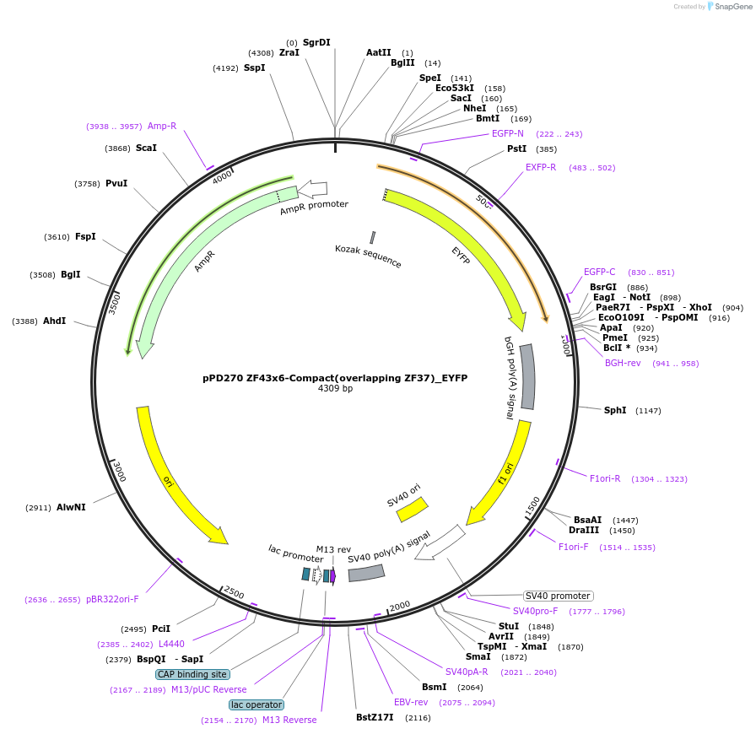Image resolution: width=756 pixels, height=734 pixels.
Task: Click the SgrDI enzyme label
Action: point(316,42)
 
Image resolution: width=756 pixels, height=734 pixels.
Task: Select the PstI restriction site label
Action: point(516,148)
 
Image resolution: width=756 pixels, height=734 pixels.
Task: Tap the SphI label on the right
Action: point(615,410)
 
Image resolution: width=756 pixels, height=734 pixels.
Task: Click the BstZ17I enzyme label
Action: point(375,718)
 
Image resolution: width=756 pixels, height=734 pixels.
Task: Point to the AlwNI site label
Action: point(71,508)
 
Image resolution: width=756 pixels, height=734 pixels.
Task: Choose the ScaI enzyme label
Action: point(146,148)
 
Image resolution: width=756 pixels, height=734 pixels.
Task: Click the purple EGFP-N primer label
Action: point(508,133)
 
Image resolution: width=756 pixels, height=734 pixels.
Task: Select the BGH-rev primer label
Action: point(623,363)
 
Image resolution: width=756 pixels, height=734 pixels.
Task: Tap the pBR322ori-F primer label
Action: point(112,599)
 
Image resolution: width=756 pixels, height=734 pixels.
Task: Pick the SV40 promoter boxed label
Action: point(559,596)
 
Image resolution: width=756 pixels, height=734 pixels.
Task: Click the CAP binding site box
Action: point(192,674)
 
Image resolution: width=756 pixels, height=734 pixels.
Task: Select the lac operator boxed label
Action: point(256,704)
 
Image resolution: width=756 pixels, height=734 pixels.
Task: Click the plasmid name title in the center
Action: point(335,378)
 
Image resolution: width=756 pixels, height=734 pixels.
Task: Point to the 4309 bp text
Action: point(335,389)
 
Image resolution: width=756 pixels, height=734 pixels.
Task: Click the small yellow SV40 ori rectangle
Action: point(412,509)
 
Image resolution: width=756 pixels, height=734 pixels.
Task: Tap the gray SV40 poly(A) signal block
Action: point(366,573)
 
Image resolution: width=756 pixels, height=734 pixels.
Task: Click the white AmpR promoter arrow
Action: point(312,189)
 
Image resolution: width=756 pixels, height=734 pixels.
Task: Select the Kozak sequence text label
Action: point(368,256)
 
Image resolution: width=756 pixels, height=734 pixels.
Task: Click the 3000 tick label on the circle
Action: point(118,472)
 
